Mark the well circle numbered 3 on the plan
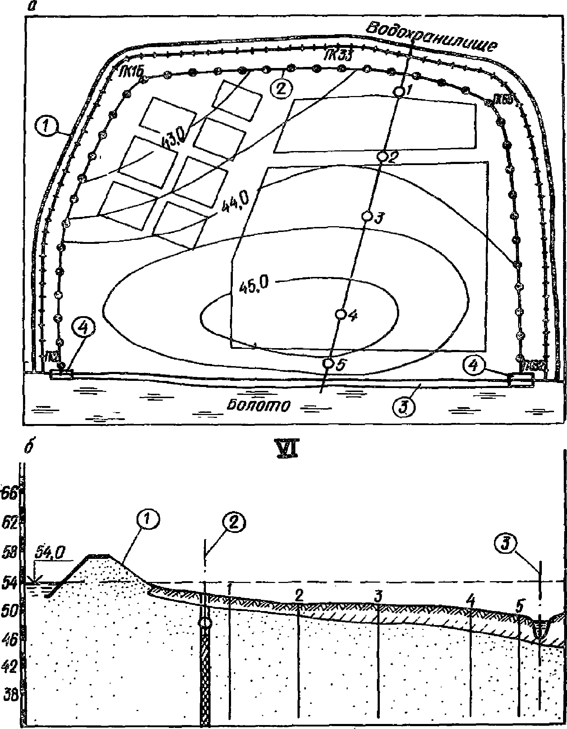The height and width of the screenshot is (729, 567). (367, 216)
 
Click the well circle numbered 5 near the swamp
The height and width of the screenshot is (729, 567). (328, 363)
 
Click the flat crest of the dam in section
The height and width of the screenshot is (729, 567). (98, 556)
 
